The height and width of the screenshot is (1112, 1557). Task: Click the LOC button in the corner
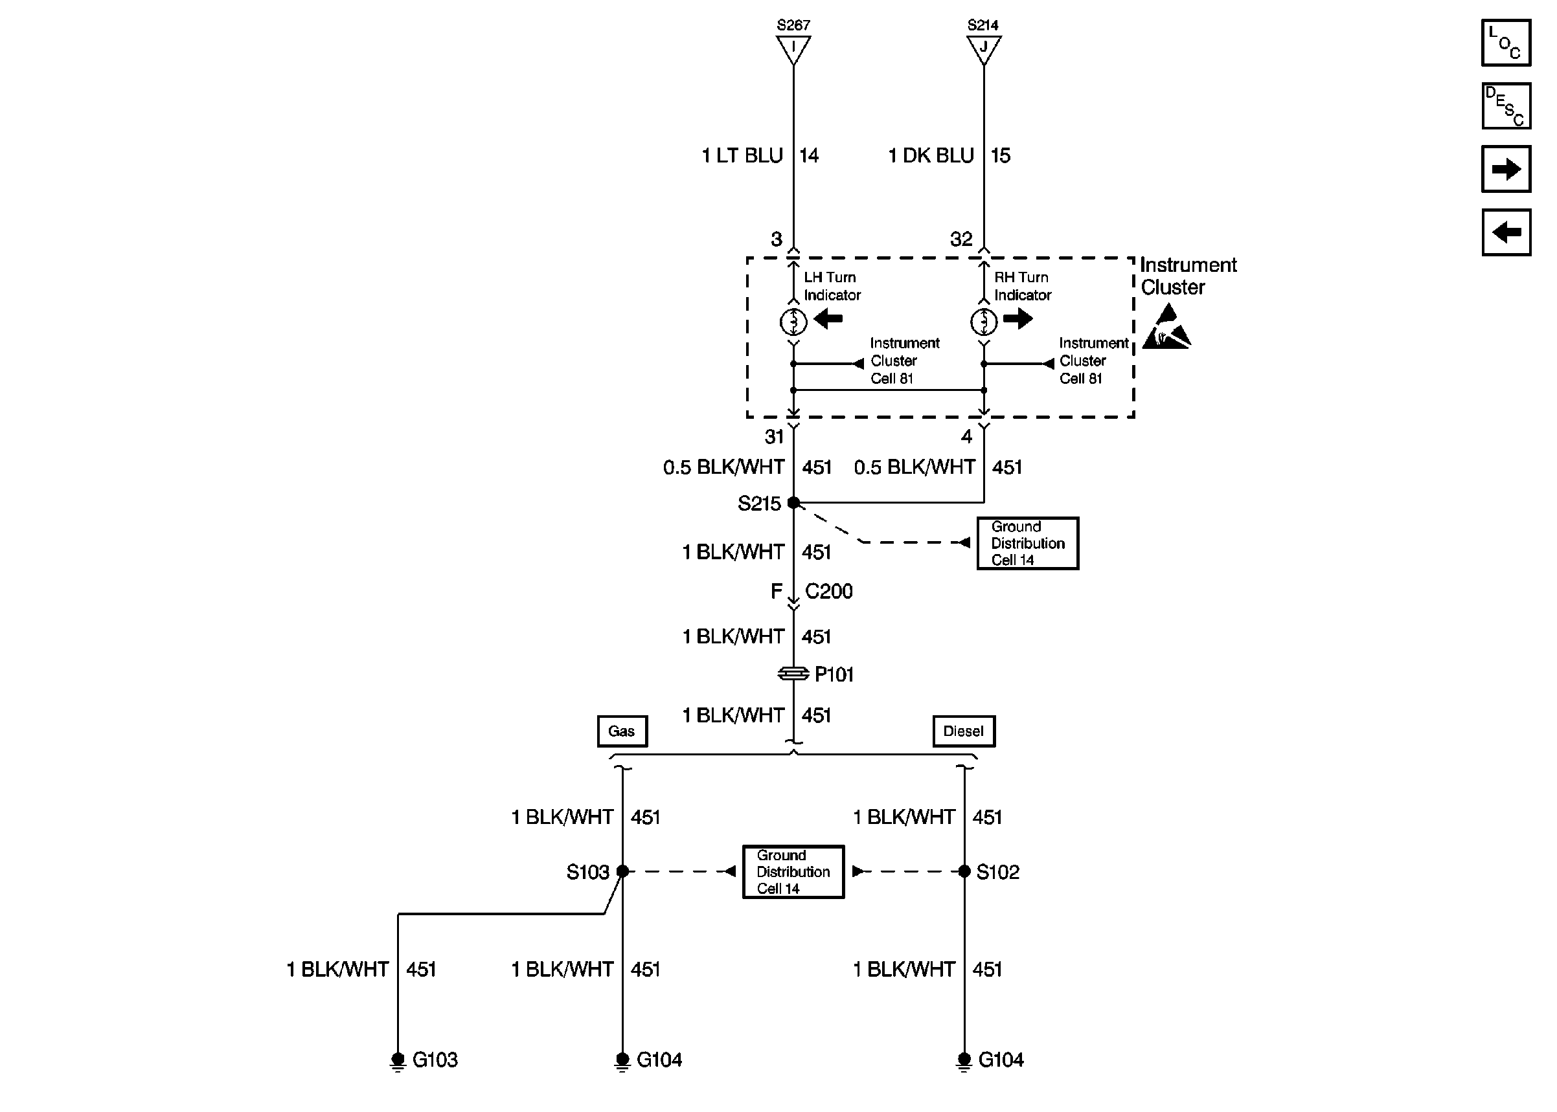(1505, 43)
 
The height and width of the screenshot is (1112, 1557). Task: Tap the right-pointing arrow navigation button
(1505, 168)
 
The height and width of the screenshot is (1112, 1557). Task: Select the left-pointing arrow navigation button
(1505, 232)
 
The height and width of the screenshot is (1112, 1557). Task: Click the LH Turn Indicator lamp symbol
(793, 321)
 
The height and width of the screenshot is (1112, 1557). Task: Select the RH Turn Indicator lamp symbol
(984, 321)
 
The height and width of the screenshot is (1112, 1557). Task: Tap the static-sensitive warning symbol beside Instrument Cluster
(1166, 329)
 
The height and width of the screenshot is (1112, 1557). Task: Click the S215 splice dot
(793, 502)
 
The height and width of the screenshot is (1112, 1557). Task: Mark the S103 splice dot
(622, 871)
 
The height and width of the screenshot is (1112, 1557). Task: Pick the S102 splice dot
(964, 871)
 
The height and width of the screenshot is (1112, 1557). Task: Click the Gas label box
(621, 731)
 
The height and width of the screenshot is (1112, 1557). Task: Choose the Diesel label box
(963, 731)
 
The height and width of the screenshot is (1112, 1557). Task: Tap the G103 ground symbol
(398, 1060)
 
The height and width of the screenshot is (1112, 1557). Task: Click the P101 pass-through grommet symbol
(793, 674)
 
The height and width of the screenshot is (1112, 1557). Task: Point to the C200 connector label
(828, 591)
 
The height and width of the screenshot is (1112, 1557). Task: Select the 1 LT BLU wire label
(742, 156)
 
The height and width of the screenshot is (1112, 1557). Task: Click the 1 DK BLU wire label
(930, 156)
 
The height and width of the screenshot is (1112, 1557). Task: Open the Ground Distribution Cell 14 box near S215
(1027, 543)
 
